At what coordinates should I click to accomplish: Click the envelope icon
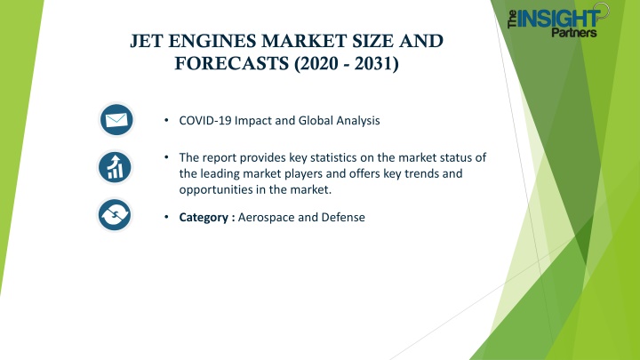click(x=116, y=120)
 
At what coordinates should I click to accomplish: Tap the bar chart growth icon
click(x=115, y=167)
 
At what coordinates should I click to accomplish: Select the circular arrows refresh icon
click(x=115, y=215)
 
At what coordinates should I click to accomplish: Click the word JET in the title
click(x=146, y=41)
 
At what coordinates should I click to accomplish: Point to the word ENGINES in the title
click(x=212, y=41)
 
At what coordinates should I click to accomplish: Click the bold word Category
click(x=204, y=217)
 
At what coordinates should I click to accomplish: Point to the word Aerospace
click(x=266, y=217)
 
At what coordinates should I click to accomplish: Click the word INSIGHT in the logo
click(x=558, y=19)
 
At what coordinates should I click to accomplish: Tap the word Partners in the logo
click(x=574, y=32)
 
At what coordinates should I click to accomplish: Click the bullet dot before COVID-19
click(x=166, y=120)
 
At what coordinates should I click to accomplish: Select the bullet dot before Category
click(x=166, y=217)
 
